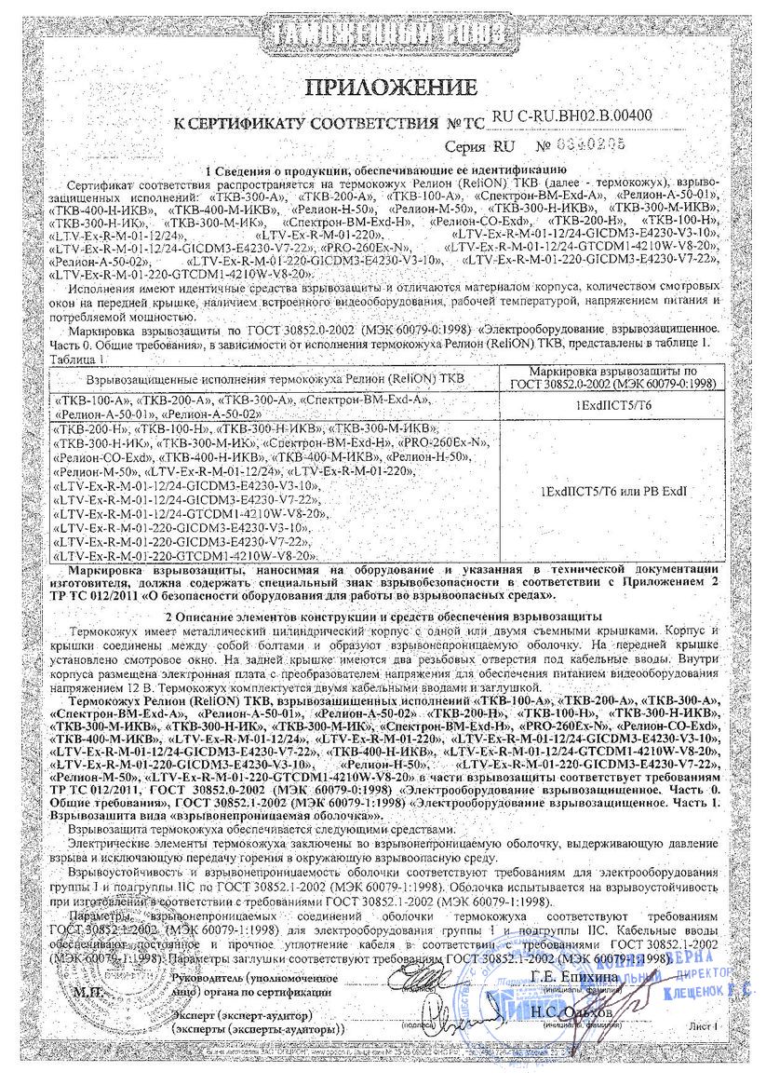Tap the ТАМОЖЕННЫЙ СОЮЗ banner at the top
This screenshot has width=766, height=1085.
point(384,34)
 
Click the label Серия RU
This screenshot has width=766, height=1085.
point(479,147)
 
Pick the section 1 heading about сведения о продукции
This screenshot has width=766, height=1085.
point(384,170)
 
